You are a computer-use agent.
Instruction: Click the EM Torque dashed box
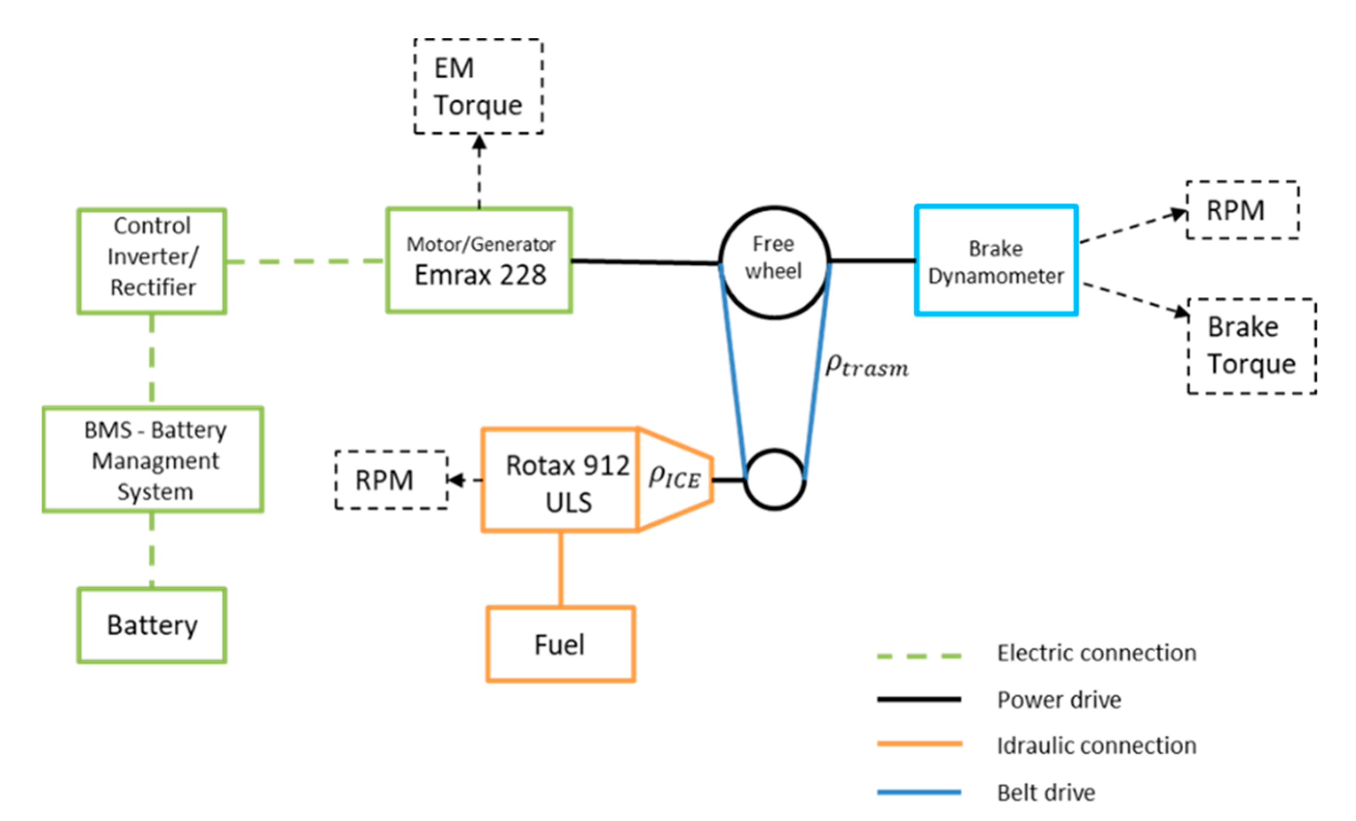pos(478,86)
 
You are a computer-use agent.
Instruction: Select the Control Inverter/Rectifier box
pos(152,261)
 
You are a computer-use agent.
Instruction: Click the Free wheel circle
pos(774,262)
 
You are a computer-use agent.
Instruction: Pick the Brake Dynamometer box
pos(996,260)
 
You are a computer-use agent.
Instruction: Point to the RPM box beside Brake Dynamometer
pos(1242,210)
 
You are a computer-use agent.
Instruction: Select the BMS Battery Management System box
pos(153,460)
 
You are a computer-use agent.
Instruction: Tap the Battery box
pos(152,625)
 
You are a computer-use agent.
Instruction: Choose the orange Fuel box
pos(560,644)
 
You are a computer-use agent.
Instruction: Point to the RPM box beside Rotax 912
pos(391,480)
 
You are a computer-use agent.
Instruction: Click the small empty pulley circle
pos(774,480)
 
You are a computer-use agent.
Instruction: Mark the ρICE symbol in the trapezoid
pos(674,477)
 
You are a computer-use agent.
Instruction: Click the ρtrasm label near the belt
pos(866,366)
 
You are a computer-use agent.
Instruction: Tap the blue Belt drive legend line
pos(918,793)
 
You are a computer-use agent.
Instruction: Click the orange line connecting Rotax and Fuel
pos(561,570)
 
